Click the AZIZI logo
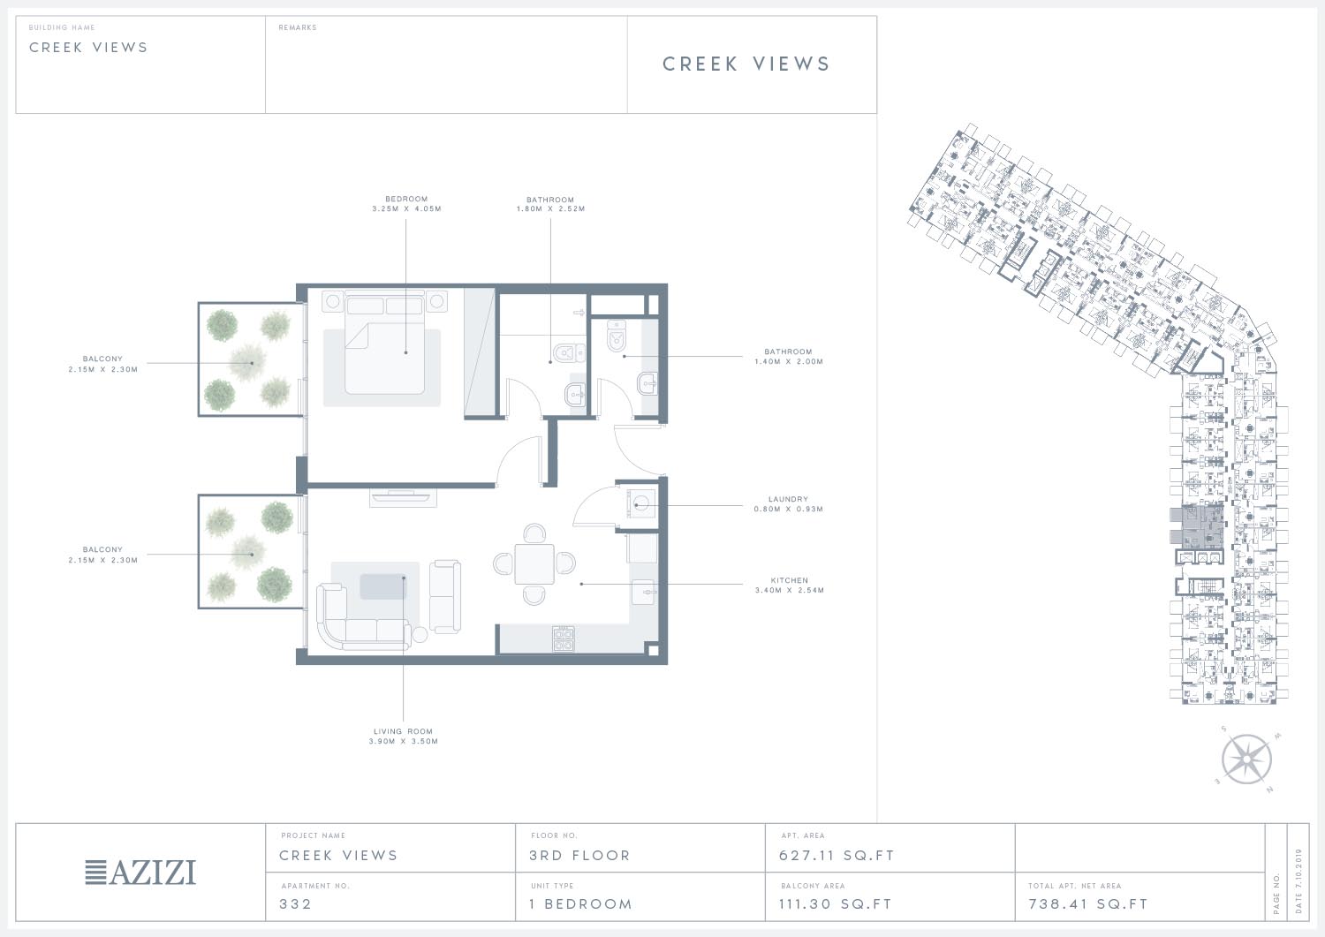click(x=140, y=872)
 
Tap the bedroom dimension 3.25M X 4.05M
click(x=406, y=208)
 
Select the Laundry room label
click(x=788, y=499)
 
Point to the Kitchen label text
click(x=789, y=580)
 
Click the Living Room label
click(x=404, y=731)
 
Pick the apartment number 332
click(x=295, y=903)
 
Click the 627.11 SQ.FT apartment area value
click(x=837, y=856)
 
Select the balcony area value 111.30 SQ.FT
click(x=836, y=903)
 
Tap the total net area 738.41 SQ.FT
click(x=1087, y=903)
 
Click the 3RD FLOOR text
click(x=579, y=856)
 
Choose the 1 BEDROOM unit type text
click(x=581, y=903)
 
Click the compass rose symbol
click(x=1246, y=759)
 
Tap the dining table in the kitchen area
click(x=534, y=563)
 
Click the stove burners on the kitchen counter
click(x=564, y=639)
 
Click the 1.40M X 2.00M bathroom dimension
click(x=789, y=361)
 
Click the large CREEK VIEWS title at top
click(x=746, y=64)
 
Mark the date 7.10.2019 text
click(x=1299, y=880)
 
